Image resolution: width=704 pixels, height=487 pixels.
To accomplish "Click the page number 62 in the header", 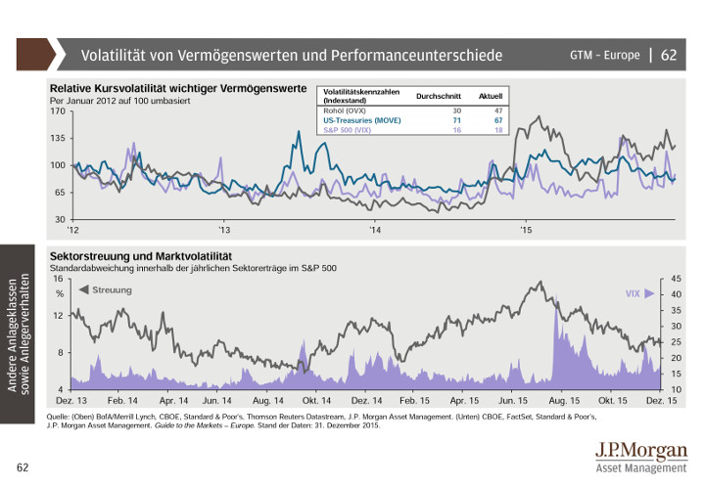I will pyautogui.click(x=669, y=55).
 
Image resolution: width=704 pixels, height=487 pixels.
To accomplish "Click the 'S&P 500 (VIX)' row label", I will pyautogui.click(x=348, y=129).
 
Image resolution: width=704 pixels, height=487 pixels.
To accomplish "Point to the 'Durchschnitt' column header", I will pyautogui.click(x=439, y=95).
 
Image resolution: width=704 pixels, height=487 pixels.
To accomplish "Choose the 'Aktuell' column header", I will pyautogui.click(x=491, y=95).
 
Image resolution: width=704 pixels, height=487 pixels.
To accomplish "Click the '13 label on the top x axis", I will pyautogui.click(x=224, y=231).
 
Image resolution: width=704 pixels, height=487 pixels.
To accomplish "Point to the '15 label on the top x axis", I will pyautogui.click(x=526, y=231).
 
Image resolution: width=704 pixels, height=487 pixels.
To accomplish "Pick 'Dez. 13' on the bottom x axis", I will pyautogui.click(x=71, y=401).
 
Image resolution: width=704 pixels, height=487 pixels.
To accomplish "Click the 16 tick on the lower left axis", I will pyautogui.click(x=59, y=279).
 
